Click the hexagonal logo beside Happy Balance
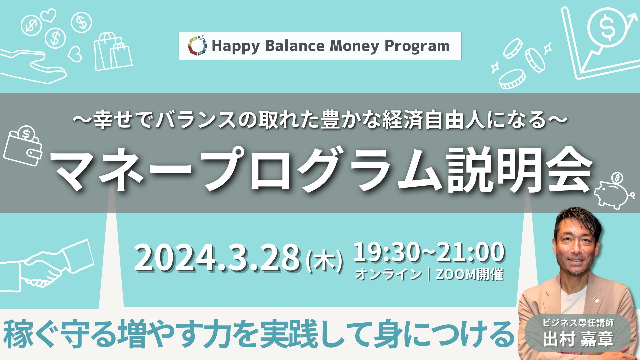[x=197, y=46]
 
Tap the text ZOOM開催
[x=469, y=274]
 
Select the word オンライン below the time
[x=388, y=274]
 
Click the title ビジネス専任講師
[x=578, y=322]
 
